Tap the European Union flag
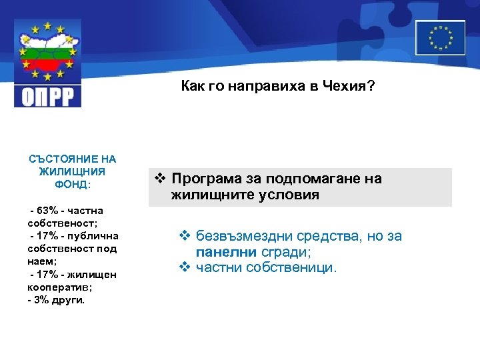click(x=440, y=37)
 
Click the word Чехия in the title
click(x=344, y=86)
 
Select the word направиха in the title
click(x=256, y=86)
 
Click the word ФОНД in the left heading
click(x=70, y=183)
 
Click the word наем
click(x=42, y=262)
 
